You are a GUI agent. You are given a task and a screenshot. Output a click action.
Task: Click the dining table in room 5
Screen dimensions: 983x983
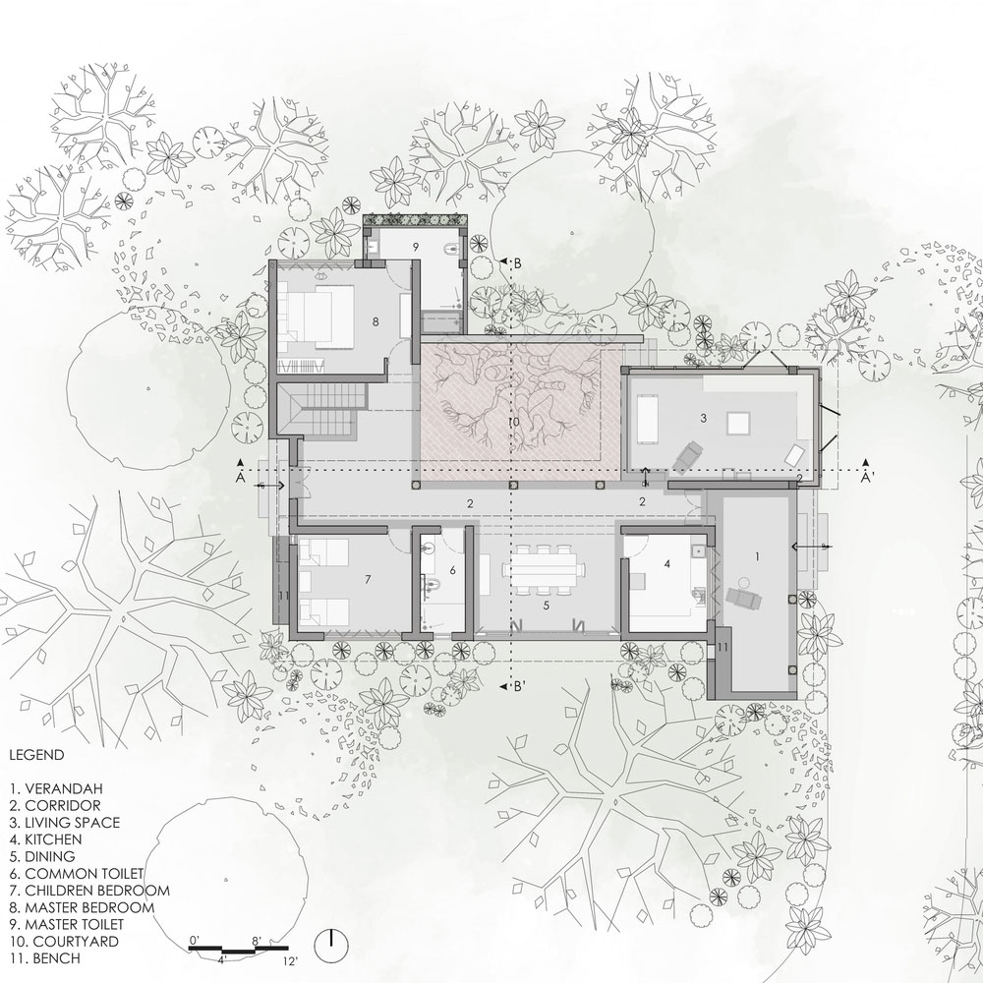544,570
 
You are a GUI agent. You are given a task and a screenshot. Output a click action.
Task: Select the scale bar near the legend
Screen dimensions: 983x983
238,948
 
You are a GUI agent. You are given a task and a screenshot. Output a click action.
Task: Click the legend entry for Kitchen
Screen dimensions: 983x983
46,838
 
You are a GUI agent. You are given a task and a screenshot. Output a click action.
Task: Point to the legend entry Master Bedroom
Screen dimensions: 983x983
82,907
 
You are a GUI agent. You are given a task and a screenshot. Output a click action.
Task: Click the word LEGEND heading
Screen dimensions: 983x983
36,755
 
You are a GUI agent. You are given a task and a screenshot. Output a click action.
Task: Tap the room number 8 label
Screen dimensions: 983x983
376,321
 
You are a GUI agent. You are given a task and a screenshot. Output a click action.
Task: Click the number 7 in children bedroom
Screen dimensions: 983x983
368,580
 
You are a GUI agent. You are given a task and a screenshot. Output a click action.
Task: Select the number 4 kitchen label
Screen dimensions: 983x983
667,564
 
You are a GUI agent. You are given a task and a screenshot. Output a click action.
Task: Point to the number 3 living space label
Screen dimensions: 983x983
704,418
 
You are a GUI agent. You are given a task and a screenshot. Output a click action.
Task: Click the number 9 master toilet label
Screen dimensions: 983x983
415,247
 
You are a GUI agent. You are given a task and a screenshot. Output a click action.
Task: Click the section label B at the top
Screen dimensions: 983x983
517,263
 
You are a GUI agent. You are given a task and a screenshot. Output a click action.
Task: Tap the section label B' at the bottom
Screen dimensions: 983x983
519,686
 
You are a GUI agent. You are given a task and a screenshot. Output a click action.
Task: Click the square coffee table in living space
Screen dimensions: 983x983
738,423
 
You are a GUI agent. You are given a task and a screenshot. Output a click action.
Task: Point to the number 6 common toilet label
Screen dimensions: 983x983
452,570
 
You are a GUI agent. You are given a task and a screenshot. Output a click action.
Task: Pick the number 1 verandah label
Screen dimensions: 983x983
757,556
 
